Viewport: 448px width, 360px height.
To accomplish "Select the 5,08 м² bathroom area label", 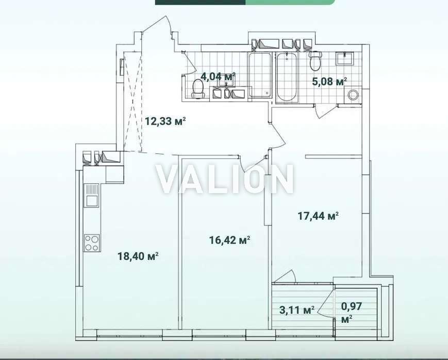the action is click(x=329, y=81).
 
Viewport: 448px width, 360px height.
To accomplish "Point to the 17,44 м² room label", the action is click(x=318, y=216).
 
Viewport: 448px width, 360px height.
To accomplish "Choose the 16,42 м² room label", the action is click(x=230, y=240).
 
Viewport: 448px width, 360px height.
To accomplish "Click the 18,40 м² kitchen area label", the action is click(x=138, y=256).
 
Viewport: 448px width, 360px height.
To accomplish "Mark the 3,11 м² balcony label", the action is click(x=297, y=310).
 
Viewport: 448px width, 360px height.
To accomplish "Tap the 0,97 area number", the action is click(x=352, y=307).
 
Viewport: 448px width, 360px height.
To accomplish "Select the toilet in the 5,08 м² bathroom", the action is click(x=315, y=61).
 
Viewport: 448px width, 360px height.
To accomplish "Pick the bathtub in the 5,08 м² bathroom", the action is click(x=287, y=77).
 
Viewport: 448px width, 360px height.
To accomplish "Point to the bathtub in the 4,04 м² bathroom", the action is click(x=260, y=75).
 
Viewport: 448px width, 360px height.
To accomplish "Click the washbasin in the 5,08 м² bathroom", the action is click(x=345, y=59).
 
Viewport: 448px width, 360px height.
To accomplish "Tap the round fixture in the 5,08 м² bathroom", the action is click(x=353, y=95).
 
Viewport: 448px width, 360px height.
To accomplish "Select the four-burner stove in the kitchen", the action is click(x=92, y=243).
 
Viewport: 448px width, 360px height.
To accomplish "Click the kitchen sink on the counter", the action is click(x=91, y=195).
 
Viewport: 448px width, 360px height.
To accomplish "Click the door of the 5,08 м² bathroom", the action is click(x=323, y=111).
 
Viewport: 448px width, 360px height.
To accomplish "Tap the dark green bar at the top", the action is click(x=201, y=2).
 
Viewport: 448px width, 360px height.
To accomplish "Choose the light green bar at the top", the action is click(x=290, y=2).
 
